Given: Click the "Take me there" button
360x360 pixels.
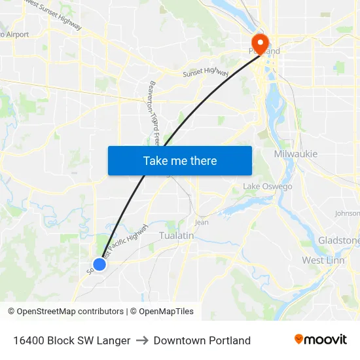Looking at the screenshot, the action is pos(180,160).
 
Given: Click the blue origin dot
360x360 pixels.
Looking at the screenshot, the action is pos(99,264).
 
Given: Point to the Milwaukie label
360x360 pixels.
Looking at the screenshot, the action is pos(295,154).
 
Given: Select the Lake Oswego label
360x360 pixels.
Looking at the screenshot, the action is pos(268,187).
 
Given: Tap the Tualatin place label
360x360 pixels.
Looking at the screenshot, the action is pos(177,236).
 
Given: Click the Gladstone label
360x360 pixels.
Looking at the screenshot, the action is pos(338,240).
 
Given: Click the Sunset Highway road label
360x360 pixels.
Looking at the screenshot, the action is pos(206,73).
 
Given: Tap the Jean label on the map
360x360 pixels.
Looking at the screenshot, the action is pos(202,222).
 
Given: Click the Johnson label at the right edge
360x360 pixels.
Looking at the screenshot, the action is pos(347,213).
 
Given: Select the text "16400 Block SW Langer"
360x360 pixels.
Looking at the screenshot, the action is pos(71,340).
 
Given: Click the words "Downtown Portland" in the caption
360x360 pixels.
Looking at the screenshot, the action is pos(202,340).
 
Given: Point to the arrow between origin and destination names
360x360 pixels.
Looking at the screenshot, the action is pos(142,340).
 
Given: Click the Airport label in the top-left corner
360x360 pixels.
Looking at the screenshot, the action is pos(16,34).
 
